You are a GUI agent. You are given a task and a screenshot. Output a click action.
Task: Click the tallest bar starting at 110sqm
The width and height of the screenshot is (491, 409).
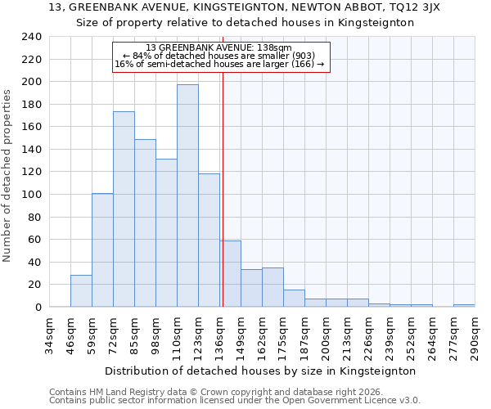pyautogui.click(x=187, y=196)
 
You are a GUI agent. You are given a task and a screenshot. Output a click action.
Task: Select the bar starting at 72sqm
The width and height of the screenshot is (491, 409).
pyautogui.click(x=124, y=209)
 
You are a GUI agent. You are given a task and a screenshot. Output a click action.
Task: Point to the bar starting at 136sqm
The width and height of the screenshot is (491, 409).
pyautogui.click(x=230, y=274)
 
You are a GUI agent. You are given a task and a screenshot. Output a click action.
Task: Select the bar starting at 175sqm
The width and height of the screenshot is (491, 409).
pyautogui.click(x=294, y=299)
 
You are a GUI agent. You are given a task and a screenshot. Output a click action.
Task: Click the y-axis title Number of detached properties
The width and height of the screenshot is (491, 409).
pyautogui.click(x=7, y=172)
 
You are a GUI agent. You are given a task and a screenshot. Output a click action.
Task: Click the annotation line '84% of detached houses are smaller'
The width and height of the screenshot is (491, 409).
pyautogui.click(x=219, y=56)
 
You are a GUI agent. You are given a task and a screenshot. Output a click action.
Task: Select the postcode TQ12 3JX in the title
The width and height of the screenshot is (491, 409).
pyautogui.click(x=419, y=7)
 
